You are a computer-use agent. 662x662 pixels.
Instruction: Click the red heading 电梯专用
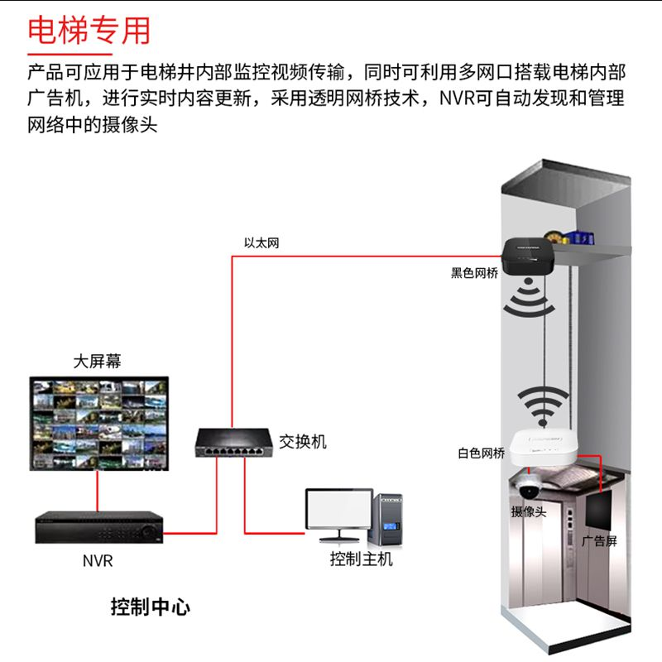tap(89, 31)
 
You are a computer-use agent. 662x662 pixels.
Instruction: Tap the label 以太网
tap(261, 243)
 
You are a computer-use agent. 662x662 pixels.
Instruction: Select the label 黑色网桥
tap(474, 273)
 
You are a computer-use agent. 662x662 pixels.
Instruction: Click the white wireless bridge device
tap(543, 447)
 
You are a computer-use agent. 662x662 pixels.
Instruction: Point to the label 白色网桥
tap(481, 453)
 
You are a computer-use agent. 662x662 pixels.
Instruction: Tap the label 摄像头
tap(529, 511)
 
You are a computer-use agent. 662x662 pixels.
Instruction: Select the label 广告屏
tap(599, 541)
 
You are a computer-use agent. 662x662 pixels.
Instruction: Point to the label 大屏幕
tap(98, 362)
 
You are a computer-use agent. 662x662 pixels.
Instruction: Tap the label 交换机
tap(303, 442)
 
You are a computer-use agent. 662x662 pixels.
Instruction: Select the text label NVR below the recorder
tap(98, 561)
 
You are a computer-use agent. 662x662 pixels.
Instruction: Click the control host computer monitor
tap(338, 511)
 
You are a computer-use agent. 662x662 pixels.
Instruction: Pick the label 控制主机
tap(362, 559)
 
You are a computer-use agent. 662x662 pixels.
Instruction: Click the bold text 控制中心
tap(151, 607)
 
